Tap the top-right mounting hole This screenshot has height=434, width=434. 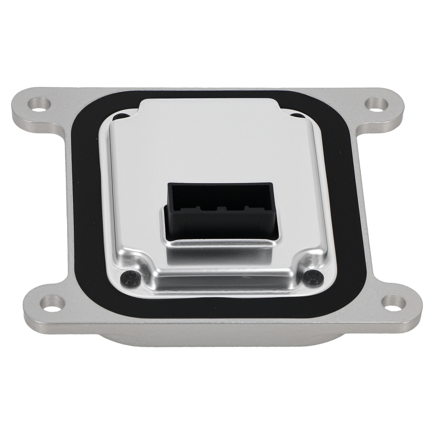374,104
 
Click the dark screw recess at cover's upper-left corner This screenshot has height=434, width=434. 117,116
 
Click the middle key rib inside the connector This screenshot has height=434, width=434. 221,209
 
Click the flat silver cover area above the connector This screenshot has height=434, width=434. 208,148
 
